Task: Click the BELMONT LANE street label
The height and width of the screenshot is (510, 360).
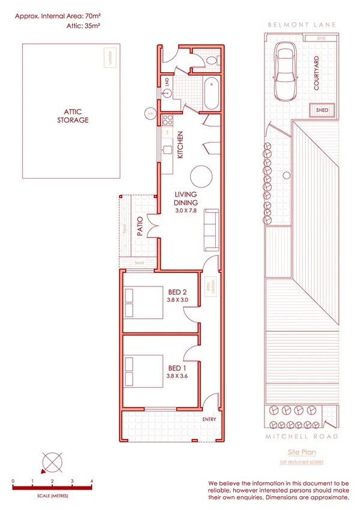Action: pyautogui.click(x=301, y=25)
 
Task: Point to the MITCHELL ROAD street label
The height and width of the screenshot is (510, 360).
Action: pyautogui.click(x=301, y=436)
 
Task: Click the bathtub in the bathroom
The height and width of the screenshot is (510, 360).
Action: pyautogui.click(x=212, y=93)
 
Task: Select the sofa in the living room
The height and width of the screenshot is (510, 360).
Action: pyautogui.click(x=212, y=230)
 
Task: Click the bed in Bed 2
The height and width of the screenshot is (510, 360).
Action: pyautogui.click(x=143, y=303)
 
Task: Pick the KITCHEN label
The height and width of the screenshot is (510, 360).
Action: pyautogui.click(x=180, y=145)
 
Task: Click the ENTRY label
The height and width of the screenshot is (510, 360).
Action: pyautogui.click(x=209, y=419)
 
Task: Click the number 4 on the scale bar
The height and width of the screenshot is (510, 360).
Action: pyautogui.click(x=91, y=481)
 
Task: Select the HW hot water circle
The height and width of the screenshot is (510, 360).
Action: pyautogui.click(x=150, y=112)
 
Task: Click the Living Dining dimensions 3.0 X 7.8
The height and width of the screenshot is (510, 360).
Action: pyautogui.click(x=187, y=211)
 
